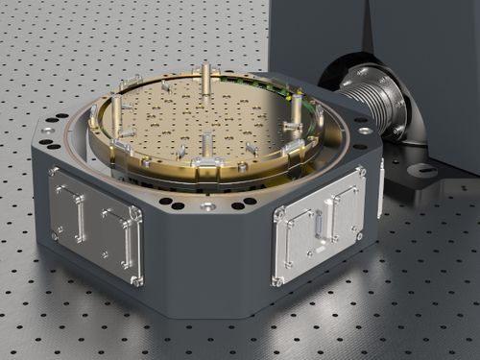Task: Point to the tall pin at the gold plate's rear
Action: pos(205,76)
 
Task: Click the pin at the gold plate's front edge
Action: pos(205,147)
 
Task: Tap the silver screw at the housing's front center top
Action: pos(207,205)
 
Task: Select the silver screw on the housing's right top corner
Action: pos(365,130)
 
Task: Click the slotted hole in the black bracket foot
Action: pos(422,171)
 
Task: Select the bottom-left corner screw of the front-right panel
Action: pos(277,280)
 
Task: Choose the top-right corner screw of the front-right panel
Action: pos(361,173)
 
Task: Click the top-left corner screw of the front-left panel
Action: pos(52,173)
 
